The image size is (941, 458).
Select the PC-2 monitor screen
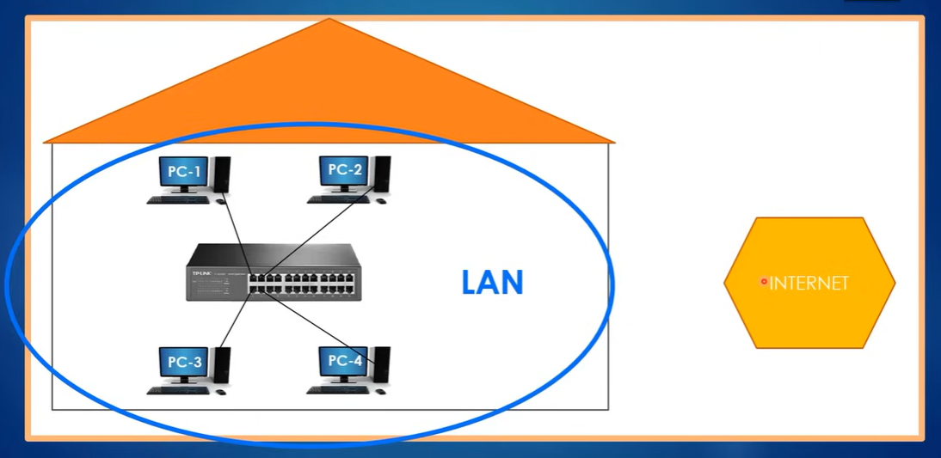click(345, 170)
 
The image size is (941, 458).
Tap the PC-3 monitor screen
click(184, 363)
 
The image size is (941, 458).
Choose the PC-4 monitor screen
click(345, 361)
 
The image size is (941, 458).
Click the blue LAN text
click(492, 283)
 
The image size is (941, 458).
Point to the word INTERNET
click(809, 284)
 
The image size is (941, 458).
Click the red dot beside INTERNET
click(763, 282)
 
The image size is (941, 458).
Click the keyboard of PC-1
click(177, 200)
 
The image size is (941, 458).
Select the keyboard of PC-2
click(338, 200)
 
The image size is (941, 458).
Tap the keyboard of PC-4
click(338, 391)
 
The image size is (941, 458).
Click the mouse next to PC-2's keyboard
click(381, 201)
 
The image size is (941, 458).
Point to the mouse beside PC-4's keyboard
click(381, 391)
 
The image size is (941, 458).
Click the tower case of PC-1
click(223, 175)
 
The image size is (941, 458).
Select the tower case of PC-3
click(223, 366)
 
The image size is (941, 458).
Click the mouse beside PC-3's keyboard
click(221, 392)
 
